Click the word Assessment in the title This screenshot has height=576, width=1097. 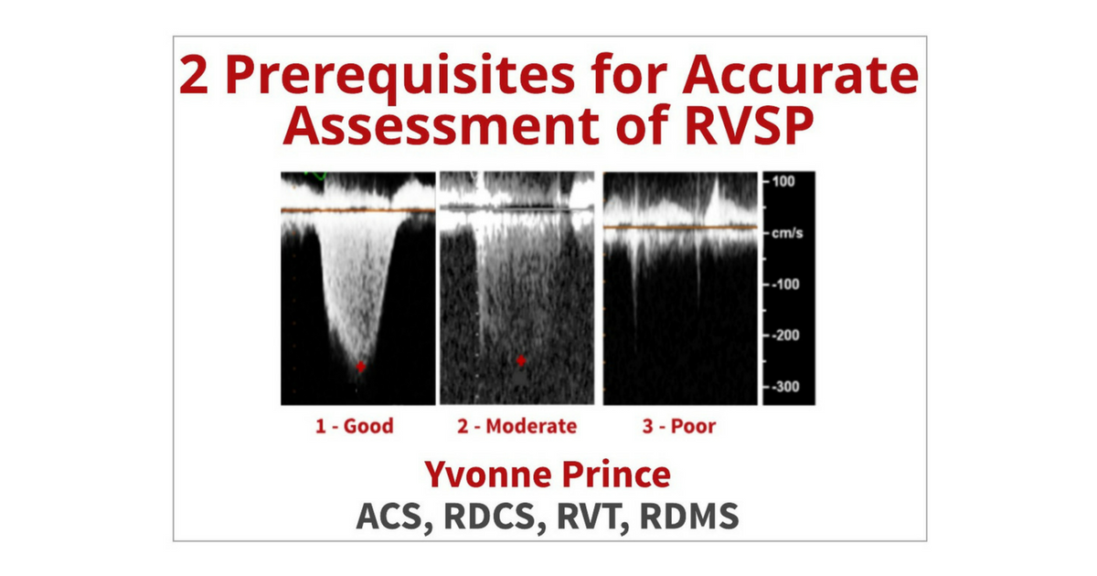[433, 129]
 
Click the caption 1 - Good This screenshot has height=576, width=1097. [354, 425]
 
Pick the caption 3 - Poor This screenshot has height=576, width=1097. [678, 425]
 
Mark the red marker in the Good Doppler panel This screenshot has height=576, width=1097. [361, 367]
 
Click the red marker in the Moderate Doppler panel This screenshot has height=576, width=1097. [521, 360]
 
